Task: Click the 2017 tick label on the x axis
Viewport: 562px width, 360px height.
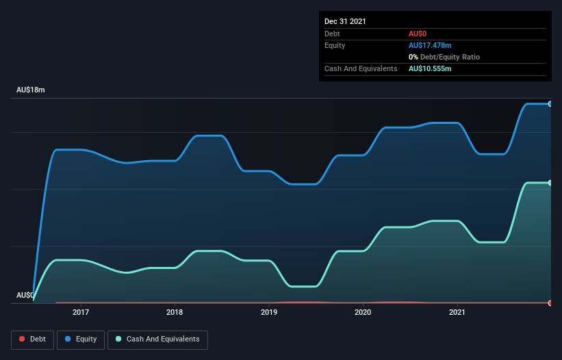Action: click(x=80, y=312)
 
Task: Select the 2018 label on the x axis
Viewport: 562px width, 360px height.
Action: click(x=175, y=312)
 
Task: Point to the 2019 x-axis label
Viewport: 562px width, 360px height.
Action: click(x=269, y=312)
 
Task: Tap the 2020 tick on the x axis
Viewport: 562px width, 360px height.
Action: click(x=363, y=312)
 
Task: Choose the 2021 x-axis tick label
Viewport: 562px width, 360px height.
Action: click(x=457, y=312)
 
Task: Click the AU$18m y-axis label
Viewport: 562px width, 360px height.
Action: click(x=30, y=90)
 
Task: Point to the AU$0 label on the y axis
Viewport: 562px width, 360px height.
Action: click(x=25, y=295)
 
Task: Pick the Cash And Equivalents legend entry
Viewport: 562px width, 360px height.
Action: click(x=157, y=339)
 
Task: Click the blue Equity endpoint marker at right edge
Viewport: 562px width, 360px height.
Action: click(x=550, y=104)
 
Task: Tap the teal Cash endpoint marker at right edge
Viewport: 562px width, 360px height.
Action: click(x=550, y=183)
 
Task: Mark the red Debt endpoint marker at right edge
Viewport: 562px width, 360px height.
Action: click(x=550, y=303)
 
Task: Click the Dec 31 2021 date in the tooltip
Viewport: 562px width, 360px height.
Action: click(x=345, y=21)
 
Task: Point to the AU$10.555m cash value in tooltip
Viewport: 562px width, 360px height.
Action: click(x=430, y=68)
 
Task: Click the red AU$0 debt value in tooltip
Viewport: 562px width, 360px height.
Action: click(x=418, y=34)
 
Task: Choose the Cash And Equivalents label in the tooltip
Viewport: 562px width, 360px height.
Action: click(x=361, y=68)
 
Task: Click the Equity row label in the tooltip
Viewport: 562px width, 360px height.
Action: click(x=335, y=45)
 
